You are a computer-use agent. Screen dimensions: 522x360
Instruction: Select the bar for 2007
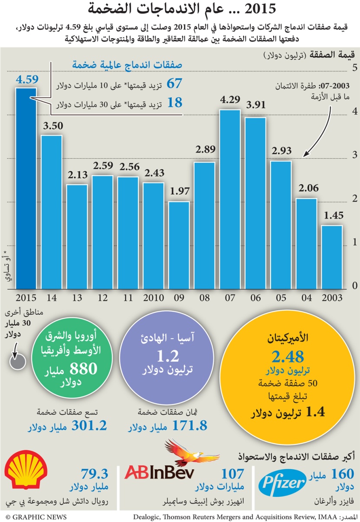229,199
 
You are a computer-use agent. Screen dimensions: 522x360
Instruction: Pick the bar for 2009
179,245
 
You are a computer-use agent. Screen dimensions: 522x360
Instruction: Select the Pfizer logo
281,485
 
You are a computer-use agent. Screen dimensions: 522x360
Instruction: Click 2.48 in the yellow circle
287,357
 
